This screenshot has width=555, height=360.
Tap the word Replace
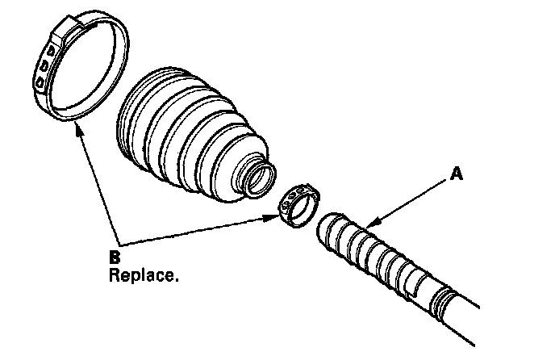(x=144, y=274)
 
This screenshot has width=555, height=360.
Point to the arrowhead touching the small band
(x=275, y=216)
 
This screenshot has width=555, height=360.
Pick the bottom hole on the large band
(x=39, y=82)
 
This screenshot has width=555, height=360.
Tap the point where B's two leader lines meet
(x=119, y=244)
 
